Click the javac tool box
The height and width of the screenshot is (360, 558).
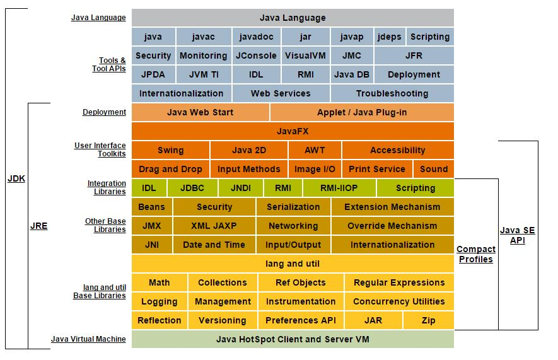[x=204, y=37]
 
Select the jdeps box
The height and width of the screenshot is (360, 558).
[x=389, y=37]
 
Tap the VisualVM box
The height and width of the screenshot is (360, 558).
[x=305, y=55]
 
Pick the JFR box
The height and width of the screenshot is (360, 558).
[x=414, y=55]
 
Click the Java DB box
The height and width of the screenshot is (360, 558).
[x=352, y=74]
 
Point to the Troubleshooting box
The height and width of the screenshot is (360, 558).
[x=392, y=93]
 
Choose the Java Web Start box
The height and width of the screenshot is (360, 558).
[x=200, y=112]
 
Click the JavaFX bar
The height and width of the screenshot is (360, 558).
[x=293, y=131]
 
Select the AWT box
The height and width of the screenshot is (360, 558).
[x=315, y=150]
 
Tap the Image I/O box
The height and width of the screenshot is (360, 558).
[x=315, y=169]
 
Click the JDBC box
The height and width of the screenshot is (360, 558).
[x=192, y=188]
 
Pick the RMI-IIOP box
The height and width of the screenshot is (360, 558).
[x=339, y=188]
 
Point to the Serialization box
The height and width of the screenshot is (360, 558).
[x=293, y=207]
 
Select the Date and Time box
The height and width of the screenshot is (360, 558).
[x=214, y=245]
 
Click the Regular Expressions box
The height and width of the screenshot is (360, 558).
[x=399, y=282]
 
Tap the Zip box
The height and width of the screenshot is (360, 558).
[x=428, y=320]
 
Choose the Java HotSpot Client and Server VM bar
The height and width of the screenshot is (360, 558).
[x=293, y=339]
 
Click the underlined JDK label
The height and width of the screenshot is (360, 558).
[x=16, y=178]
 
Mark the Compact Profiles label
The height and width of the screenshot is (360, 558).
[x=475, y=254]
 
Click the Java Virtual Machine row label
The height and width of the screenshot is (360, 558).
[x=88, y=339]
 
